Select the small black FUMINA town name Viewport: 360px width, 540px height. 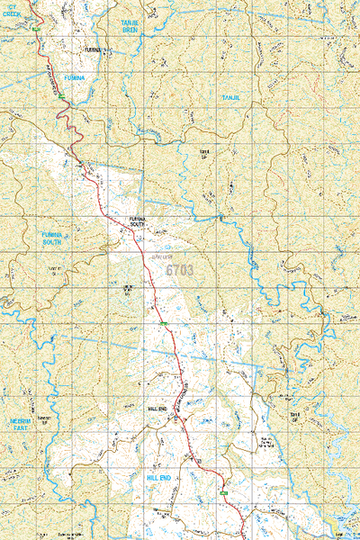point(94,49)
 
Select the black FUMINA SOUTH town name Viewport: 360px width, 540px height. point(137,221)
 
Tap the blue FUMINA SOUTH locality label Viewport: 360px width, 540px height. point(51,238)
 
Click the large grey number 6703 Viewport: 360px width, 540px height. point(180,268)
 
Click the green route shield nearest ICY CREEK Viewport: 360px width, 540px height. point(36,29)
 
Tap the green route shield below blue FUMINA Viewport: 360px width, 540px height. point(65,91)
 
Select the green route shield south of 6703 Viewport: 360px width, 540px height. point(164,322)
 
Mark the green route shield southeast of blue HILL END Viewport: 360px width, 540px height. point(222,492)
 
